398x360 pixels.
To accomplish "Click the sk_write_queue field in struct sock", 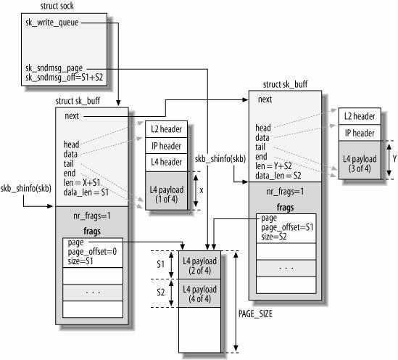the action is point(51,22).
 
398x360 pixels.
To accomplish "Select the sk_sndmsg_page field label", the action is point(54,68).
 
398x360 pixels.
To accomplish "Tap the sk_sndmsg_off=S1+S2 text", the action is point(65,77).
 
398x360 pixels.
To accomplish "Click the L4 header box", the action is point(166,163).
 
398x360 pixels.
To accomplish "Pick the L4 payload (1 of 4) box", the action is point(166,191).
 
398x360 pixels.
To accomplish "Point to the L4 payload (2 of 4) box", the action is point(200,265).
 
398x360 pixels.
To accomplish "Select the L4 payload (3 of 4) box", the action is point(360,160).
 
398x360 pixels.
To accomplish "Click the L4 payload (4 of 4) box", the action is point(200,293).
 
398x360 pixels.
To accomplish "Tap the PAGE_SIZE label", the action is point(255,314).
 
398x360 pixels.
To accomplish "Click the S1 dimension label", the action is point(160,264).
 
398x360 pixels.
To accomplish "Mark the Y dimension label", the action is point(394,159).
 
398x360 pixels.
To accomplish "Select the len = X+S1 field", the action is point(82,183).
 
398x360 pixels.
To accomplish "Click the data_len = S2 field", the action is point(278,176).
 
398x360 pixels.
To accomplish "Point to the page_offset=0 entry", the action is point(92,252).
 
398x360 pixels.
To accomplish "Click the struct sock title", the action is point(57,6).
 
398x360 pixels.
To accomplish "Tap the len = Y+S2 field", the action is point(273,166).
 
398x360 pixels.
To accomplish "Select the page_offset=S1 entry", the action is point(287,227).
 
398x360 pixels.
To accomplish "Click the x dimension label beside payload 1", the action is point(202,190).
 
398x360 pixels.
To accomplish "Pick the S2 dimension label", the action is point(160,292).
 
